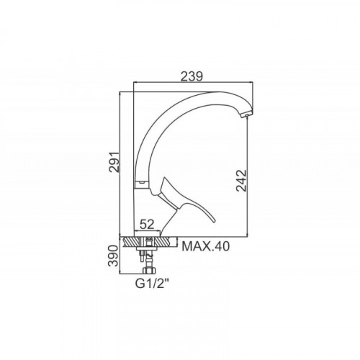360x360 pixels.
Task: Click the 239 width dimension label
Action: pos(192,76)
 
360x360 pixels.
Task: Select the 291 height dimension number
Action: pos(114,162)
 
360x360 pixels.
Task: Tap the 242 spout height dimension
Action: pos(241,181)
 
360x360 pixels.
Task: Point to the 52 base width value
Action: pos(147,225)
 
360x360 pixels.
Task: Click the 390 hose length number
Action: pos(114,256)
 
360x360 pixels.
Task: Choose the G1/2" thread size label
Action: pos(153,284)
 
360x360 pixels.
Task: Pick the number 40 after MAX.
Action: pos(222,246)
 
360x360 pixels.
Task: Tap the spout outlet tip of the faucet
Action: pos(246,115)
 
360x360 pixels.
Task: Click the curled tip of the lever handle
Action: pos(214,220)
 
